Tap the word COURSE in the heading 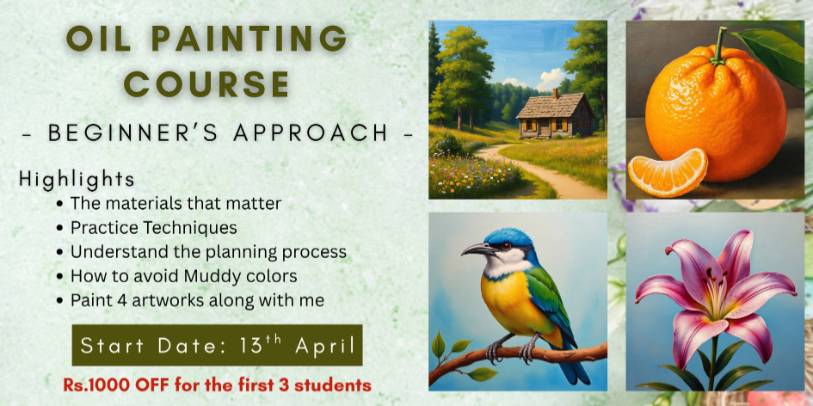click(x=206, y=83)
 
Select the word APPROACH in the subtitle click(x=310, y=133)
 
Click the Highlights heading click(x=77, y=180)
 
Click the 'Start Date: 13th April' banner click(x=218, y=345)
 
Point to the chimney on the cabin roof click(x=556, y=94)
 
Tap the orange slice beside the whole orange click(x=668, y=173)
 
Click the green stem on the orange click(x=719, y=46)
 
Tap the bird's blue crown click(x=509, y=237)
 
